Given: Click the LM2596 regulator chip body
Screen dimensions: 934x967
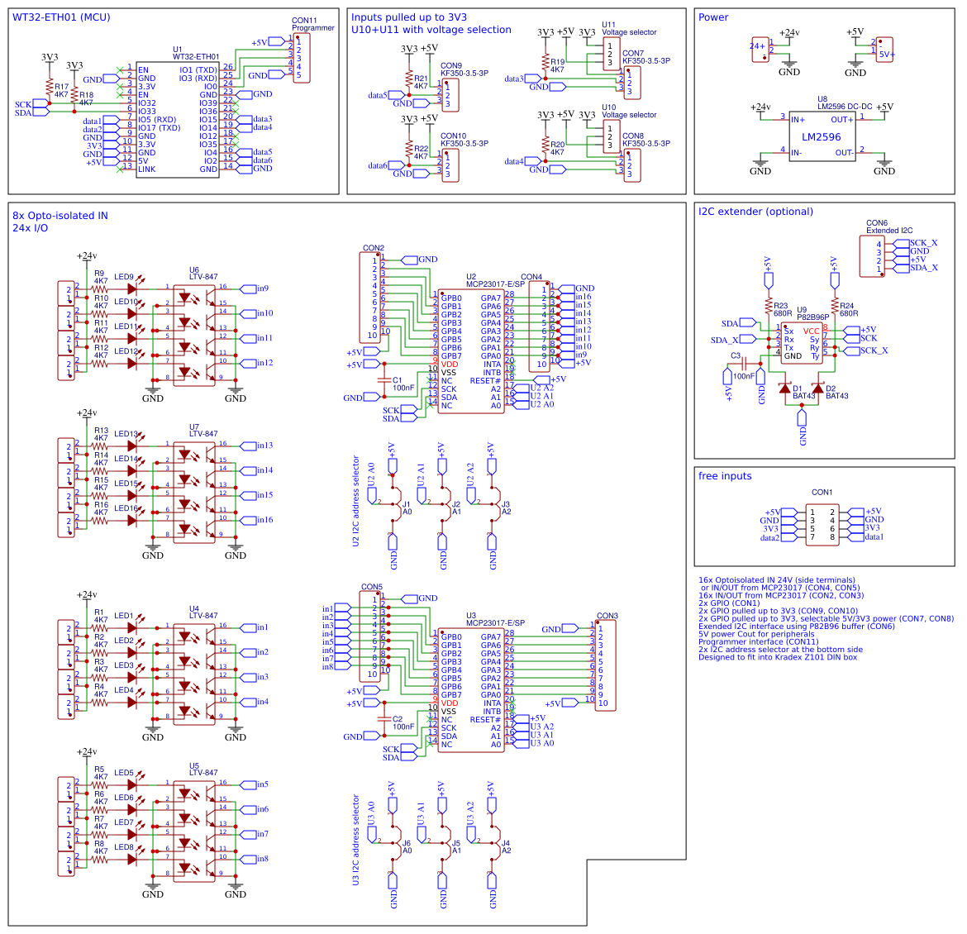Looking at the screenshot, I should pyautogui.click(x=822, y=137).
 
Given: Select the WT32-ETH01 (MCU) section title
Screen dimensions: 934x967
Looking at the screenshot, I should pyautogui.click(x=61, y=17).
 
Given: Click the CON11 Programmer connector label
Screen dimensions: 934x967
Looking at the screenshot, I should pyautogui.click(x=312, y=24).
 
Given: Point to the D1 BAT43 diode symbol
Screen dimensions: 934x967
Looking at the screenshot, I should pyautogui.click(x=785, y=388).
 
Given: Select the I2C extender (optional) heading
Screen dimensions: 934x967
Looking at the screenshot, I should pyautogui.click(x=755, y=212).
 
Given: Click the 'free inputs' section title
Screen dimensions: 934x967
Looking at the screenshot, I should pyautogui.click(x=725, y=476).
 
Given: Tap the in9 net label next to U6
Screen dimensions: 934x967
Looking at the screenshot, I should pyautogui.click(x=261, y=288).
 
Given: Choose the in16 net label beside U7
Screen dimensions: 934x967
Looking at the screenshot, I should pyautogui.click(x=264, y=520).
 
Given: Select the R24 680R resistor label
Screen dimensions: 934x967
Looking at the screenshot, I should pyautogui.click(x=848, y=310).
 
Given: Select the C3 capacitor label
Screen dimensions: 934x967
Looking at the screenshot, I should pyautogui.click(x=736, y=356).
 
